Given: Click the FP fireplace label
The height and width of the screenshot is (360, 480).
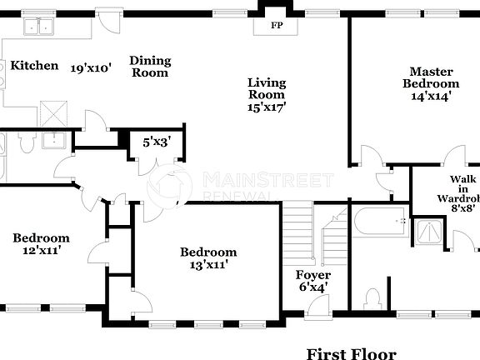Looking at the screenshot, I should click(x=275, y=25).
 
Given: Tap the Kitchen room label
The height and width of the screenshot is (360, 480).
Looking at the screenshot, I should click(x=34, y=66).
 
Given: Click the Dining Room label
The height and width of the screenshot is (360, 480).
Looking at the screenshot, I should click(x=150, y=67).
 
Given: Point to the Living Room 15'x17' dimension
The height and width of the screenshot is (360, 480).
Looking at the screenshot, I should click(x=267, y=107).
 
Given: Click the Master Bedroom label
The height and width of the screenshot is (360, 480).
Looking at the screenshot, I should click(x=431, y=77).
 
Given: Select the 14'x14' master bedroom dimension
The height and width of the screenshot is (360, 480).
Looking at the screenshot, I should click(x=431, y=97).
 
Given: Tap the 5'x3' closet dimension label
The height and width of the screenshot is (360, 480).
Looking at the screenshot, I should click(x=155, y=142).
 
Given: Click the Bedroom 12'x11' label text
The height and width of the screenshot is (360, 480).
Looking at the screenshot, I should click(x=41, y=243).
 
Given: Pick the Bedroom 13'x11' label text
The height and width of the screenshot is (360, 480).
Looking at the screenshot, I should click(x=208, y=258).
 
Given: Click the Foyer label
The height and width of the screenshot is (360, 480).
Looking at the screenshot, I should click(x=313, y=275).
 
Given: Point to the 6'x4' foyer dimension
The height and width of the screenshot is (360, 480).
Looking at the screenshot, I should click(x=313, y=287).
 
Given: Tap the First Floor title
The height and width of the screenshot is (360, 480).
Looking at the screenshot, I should click(x=351, y=354).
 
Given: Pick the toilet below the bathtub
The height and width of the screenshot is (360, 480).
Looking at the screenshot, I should click(x=372, y=299).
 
